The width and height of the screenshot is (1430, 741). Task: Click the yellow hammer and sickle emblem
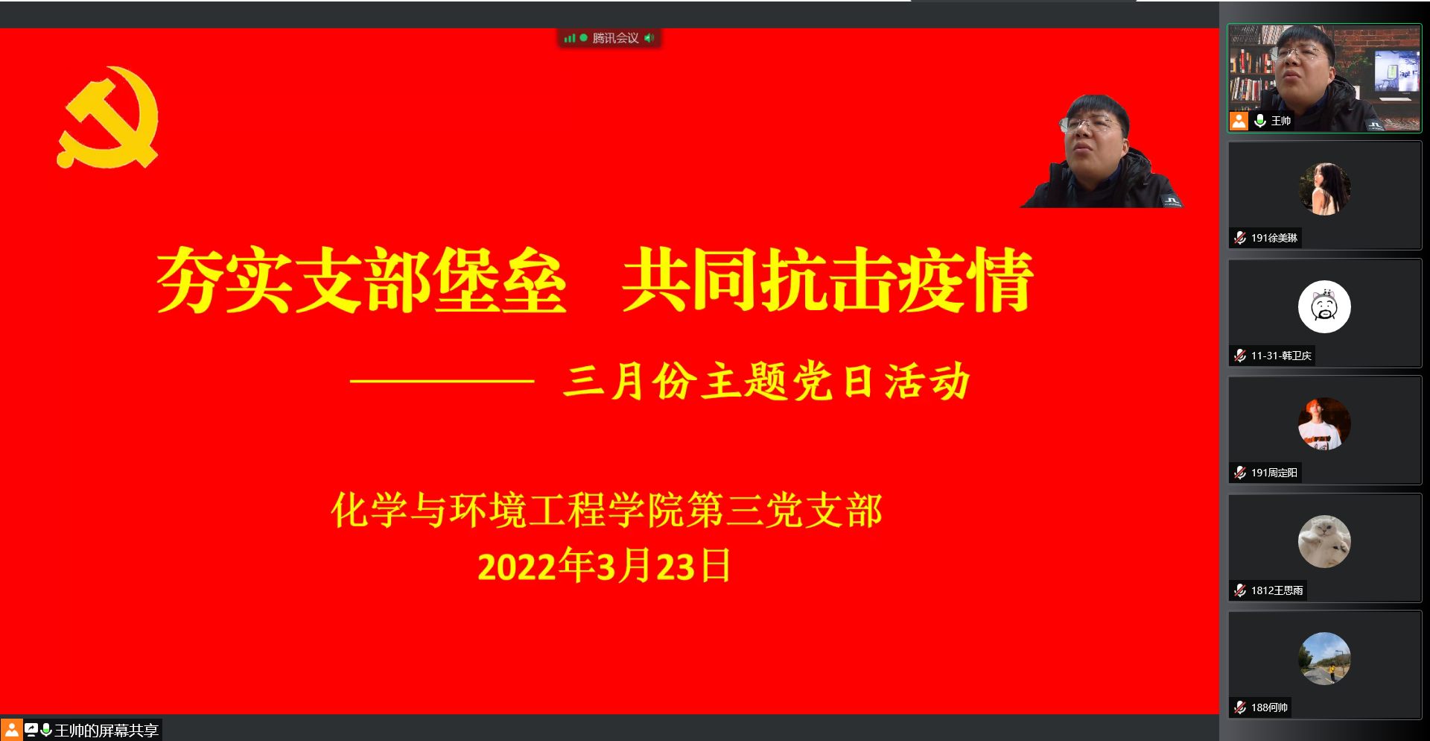point(108,118)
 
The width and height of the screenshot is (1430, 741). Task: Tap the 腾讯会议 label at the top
point(615,38)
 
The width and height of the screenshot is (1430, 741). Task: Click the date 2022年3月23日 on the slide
point(604,566)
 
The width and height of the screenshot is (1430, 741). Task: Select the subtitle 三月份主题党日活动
point(767,381)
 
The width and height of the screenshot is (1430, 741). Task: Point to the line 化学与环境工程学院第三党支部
point(606,511)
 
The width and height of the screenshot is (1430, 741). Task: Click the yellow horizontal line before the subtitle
point(442,381)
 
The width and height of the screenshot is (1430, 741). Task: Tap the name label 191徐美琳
point(1274,238)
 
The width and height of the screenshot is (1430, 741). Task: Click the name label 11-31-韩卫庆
point(1281,356)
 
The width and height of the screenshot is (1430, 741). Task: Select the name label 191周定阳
point(1274,473)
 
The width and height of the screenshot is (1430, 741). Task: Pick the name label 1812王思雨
point(1277,590)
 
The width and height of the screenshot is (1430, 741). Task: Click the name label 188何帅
point(1269,707)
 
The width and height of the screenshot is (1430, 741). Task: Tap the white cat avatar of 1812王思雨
point(1324,541)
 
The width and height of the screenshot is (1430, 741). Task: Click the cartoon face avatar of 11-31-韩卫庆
point(1324,306)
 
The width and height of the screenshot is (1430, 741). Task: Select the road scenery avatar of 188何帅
point(1324,658)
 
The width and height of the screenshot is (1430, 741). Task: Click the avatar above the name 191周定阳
point(1324,423)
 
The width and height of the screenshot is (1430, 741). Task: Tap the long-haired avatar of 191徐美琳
point(1324,189)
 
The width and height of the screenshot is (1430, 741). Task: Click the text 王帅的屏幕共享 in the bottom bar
point(107,731)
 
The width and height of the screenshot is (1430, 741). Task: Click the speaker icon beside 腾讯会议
point(649,38)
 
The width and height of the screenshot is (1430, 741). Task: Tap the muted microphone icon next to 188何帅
point(1240,707)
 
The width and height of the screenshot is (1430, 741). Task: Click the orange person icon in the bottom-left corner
point(11,730)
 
